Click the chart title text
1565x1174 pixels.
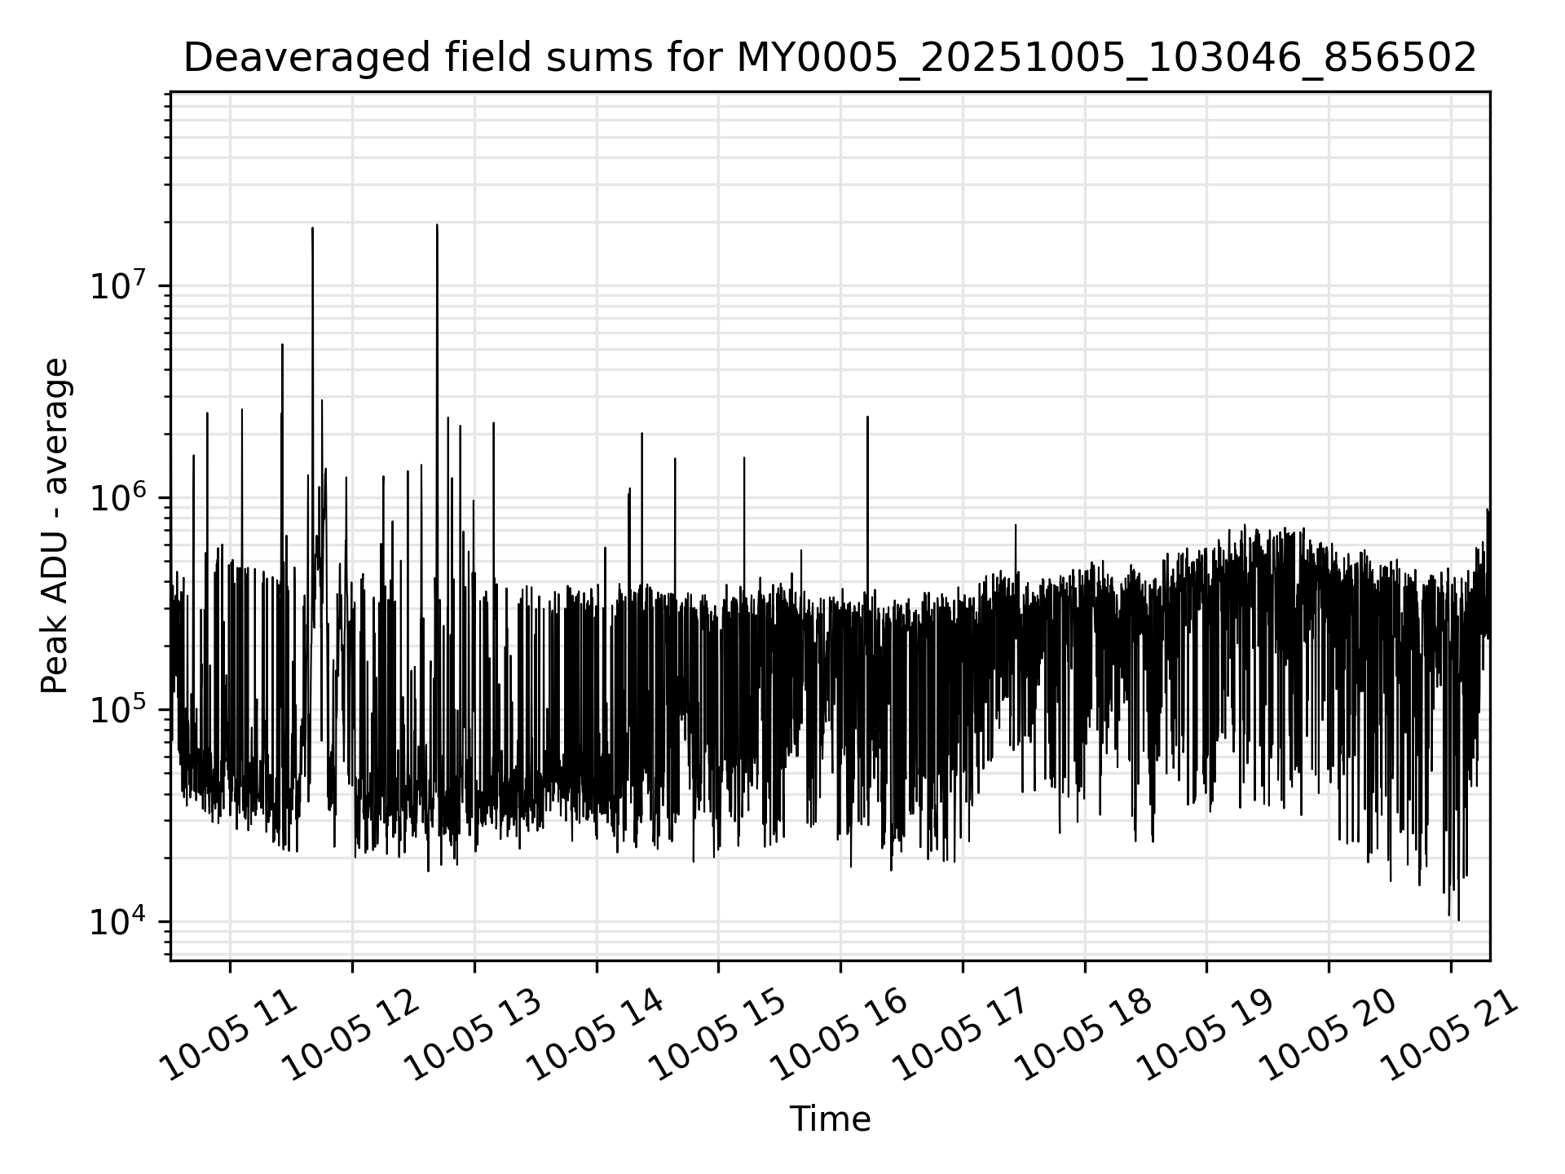(x=830, y=59)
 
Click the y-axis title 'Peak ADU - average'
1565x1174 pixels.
(x=55, y=526)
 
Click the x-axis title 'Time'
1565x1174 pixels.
(x=830, y=1119)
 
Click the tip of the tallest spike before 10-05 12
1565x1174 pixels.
(x=312, y=228)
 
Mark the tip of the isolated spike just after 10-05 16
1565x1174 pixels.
(x=867, y=417)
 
